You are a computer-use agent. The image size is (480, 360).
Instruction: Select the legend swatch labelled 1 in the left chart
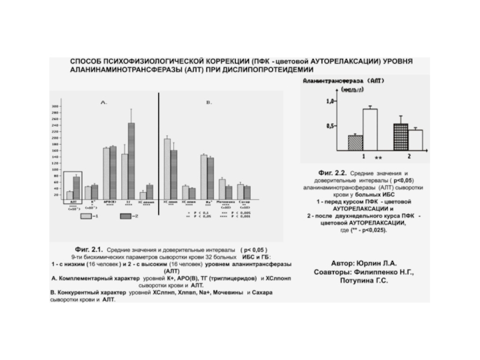(86, 216)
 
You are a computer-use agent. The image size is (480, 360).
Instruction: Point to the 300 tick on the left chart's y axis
(55, 106)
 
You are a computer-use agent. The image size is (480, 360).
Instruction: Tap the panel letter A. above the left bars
(103, 103)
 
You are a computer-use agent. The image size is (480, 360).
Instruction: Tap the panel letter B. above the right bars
(209, 103)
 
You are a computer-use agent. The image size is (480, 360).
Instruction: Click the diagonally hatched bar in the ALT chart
(355, 143)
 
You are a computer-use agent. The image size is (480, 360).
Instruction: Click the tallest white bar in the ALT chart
(370, 129)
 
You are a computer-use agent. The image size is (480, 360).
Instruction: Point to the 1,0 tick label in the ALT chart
(330, 101)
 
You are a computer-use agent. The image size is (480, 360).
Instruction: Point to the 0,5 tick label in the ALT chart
(330, 127)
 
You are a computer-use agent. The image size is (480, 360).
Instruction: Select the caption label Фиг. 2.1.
(86, 248)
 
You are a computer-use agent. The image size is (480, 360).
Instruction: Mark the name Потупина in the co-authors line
(358, 280)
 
